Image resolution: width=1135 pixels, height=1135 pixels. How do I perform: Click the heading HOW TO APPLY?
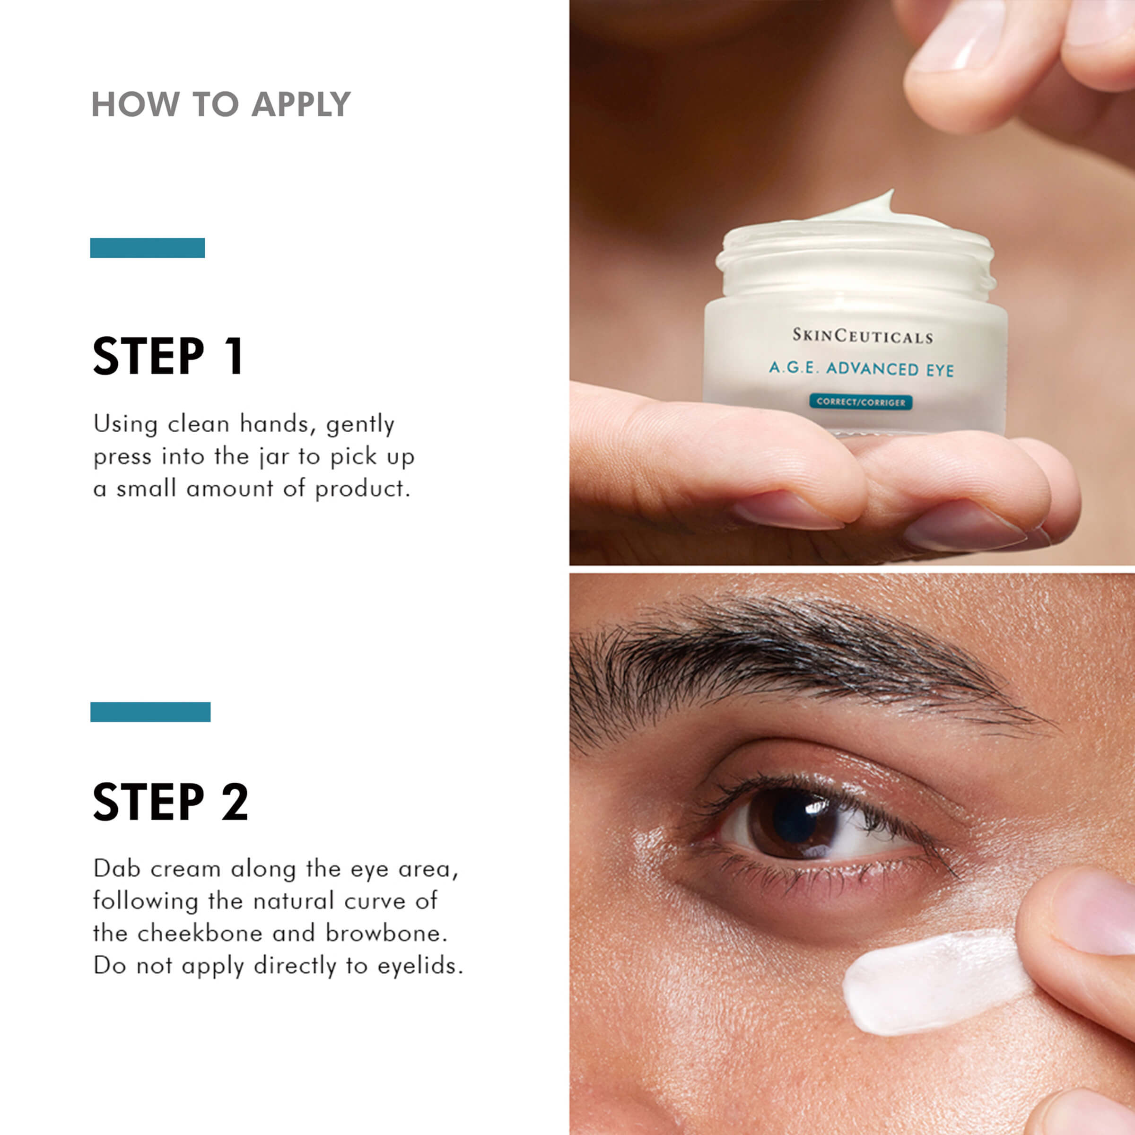click(x=221, y=105)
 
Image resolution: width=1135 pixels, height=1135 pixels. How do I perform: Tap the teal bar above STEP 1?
click(x=148, y=248)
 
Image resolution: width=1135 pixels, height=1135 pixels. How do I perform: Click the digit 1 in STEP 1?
click(x=235, y=356)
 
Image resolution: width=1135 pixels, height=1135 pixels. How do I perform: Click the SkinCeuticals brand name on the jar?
click(x=862, y=336)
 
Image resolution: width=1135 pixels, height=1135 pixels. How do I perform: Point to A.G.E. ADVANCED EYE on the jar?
click(x=861, y=369)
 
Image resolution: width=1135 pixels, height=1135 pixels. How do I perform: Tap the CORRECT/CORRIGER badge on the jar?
click(x=861, y=402)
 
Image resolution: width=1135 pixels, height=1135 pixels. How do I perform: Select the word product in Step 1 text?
click(x=362, y=489)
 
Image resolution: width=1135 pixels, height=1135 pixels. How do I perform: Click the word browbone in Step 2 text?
click(x=385, y=934)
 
